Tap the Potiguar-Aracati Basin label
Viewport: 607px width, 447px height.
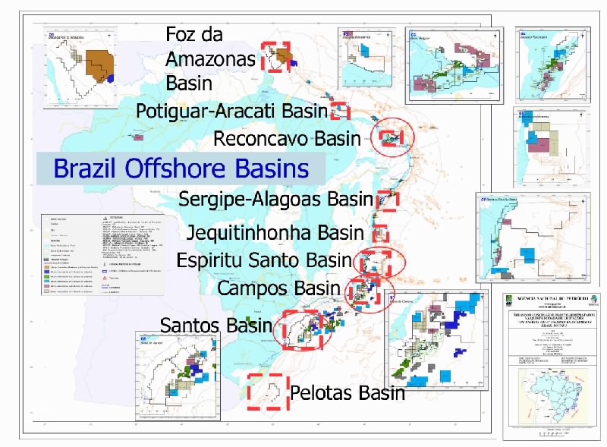(231, 111)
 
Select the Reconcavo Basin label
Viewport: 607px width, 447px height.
(287, 139)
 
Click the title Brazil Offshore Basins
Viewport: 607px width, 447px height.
(181, 168)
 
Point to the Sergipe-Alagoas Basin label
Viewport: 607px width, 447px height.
(276, 200)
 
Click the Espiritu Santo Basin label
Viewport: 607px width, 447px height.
(265, 260)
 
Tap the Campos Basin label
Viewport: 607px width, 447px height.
(278, 288)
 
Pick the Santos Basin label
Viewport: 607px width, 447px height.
(215, 326)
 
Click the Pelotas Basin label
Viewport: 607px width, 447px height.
(347, 393)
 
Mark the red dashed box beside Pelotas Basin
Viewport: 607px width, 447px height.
(267, 392)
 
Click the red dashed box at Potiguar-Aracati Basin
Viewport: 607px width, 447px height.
(340, 111)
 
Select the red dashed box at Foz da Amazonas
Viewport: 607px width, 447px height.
(275, 57)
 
